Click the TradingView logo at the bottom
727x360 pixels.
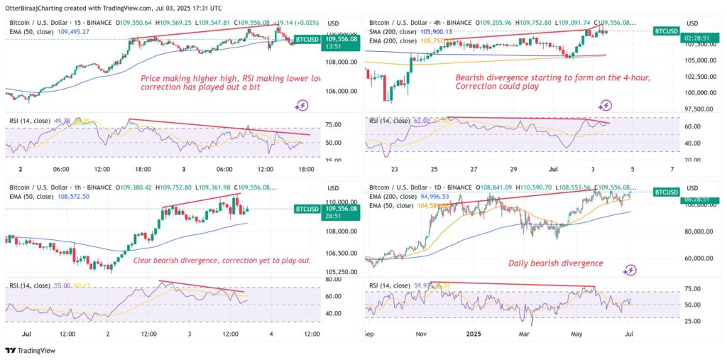tap(28, 350)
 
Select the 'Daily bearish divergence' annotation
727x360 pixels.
tap(555, 263)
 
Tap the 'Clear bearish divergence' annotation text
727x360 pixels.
tap(221, 261)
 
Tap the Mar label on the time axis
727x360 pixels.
tap(525, 332)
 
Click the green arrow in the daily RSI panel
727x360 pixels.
tap(531, 322)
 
